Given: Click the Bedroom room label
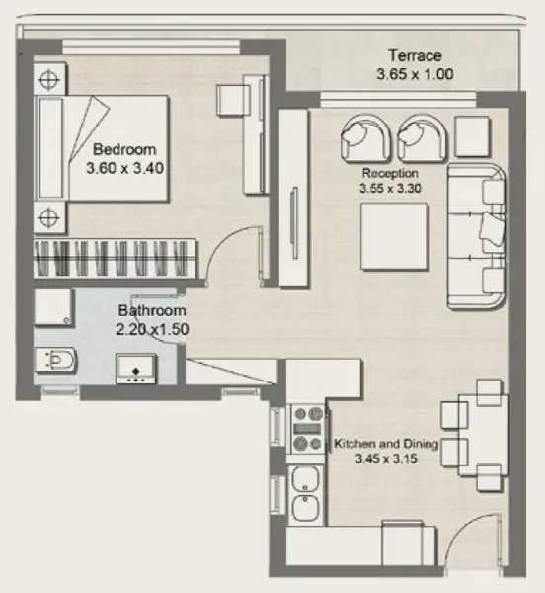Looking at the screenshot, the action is pos(124,149).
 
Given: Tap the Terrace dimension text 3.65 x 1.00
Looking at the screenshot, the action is pos(415,74).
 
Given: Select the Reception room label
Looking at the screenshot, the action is pos(390,173).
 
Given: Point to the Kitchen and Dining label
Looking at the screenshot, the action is pos(386,443).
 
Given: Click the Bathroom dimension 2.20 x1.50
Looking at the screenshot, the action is pos(152,329).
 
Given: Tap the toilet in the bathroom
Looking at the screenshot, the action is pos(56,360).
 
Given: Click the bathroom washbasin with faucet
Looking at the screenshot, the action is pos(135,369).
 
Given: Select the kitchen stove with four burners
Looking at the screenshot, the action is pos(307,429).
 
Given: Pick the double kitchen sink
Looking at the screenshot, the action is pos(306,494).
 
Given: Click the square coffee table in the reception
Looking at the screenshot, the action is pos(394,237).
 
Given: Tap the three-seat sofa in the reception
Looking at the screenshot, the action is pos(477,237).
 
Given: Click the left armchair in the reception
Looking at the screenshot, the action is pos(365,137).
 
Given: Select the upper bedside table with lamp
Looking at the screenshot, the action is pos(49,79).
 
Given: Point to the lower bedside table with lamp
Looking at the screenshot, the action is pos(49,217).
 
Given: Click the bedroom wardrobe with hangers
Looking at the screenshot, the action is pos(115,258).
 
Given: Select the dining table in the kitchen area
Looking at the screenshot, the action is pos(484,435).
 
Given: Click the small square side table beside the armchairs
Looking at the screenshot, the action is pos(472,136).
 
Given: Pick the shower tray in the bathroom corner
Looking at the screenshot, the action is pos(53,306).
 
